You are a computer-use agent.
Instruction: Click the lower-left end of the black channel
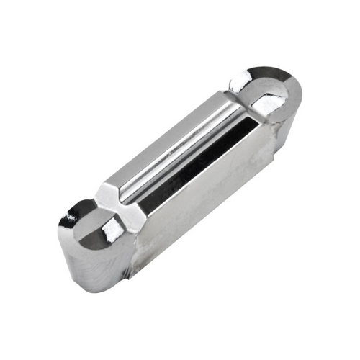point(144,205)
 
